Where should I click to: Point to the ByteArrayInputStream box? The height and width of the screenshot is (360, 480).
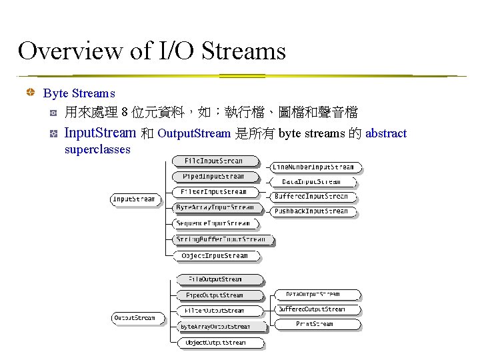[215, 208]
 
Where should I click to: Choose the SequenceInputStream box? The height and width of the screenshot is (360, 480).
[213, 223]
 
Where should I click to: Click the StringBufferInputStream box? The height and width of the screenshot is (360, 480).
[221, 239]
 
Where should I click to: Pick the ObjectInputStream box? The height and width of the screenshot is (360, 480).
[214, 255]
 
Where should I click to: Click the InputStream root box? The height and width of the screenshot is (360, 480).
[134, 199]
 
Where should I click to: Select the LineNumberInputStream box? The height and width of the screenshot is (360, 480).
[313, 167]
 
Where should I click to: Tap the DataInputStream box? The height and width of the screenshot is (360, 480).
[311, 181]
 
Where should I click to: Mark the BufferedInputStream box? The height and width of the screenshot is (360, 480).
[311, 197]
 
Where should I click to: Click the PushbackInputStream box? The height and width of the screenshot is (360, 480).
[311, 211]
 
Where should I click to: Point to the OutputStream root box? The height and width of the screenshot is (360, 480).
[135, 318]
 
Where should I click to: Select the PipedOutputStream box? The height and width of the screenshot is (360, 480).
[215, 295]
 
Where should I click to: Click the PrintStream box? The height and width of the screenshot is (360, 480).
[315, 324]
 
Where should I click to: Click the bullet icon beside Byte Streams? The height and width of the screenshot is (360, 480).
[30, 93]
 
